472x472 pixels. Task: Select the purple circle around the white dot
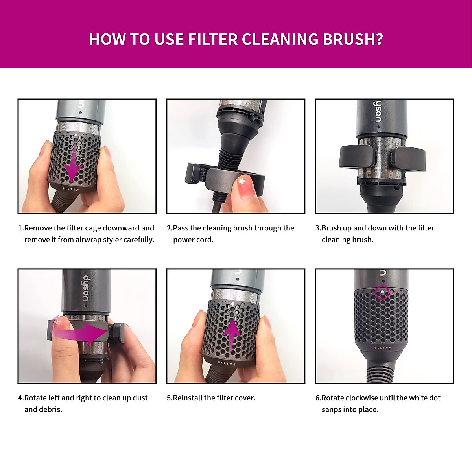(382, 292)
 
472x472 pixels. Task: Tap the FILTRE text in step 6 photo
(383, 348)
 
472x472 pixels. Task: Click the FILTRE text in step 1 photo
(71, 190)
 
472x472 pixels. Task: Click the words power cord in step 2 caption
(193, 240)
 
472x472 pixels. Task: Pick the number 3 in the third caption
(317, 228)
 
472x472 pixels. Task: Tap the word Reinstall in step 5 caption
(187, 398)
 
